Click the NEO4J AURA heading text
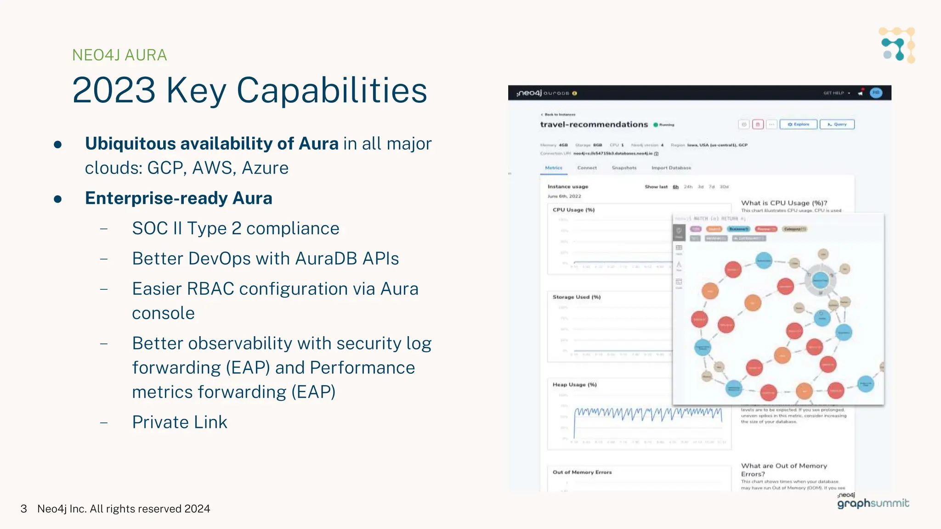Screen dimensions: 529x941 (x=119, y=55)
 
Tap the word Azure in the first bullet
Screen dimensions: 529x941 (x=265, y=168)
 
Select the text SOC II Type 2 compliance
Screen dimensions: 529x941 (x=235, y=228)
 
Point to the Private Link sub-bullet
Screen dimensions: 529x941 (x=180, y=422)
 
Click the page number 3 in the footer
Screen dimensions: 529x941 (x=24, y=509)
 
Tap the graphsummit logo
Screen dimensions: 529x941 (x=873, y=503)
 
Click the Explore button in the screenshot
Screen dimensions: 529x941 (x=799, y=124)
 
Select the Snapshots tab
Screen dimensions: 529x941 (x=624, y=168)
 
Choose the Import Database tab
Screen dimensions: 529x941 (x=671, y=168)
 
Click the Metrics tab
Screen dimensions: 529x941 (x=554, y=168)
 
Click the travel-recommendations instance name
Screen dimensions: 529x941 (x=594, y=124)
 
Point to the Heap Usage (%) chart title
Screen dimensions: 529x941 (x=574, y=385)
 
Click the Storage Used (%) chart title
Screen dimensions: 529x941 (x=576, y=297)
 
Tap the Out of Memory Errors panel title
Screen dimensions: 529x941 (x=582, y=472)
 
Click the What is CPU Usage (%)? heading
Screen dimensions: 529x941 (x=784, y=203)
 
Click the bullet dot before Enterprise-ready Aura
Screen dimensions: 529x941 (x=58, y=199)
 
